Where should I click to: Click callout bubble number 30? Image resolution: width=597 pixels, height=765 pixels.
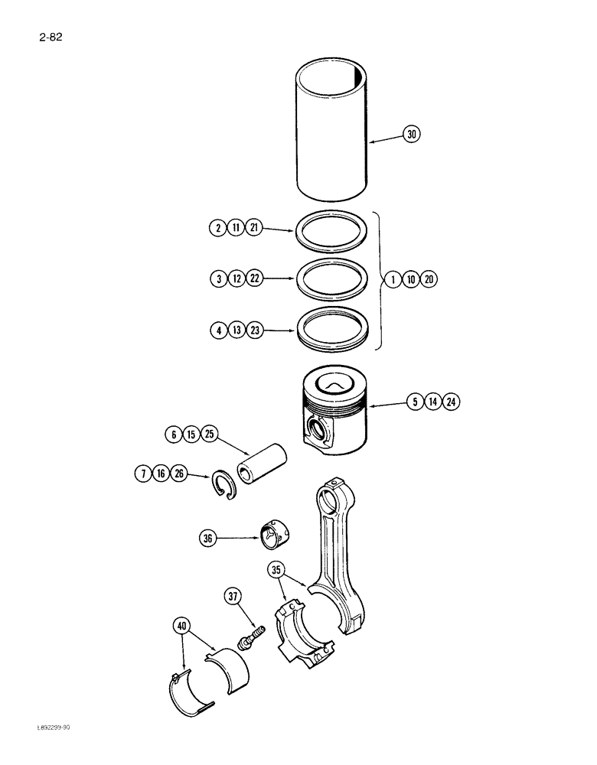(x=412, y=135)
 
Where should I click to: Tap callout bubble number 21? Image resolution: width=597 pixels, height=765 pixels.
(x=254, y=227)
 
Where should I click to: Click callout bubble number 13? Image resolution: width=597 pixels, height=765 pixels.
(x=236, y=330)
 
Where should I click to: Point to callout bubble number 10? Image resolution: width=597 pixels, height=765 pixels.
(x=410, y=279)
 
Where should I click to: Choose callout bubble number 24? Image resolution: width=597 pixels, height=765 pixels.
(x=451, y=401)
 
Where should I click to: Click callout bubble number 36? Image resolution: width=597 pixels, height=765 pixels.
(x=208, y=539)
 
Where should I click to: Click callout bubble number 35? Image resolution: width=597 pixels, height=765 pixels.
(x=277, y=569)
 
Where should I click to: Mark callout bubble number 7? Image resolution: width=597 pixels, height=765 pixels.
(x=142, y=474)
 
